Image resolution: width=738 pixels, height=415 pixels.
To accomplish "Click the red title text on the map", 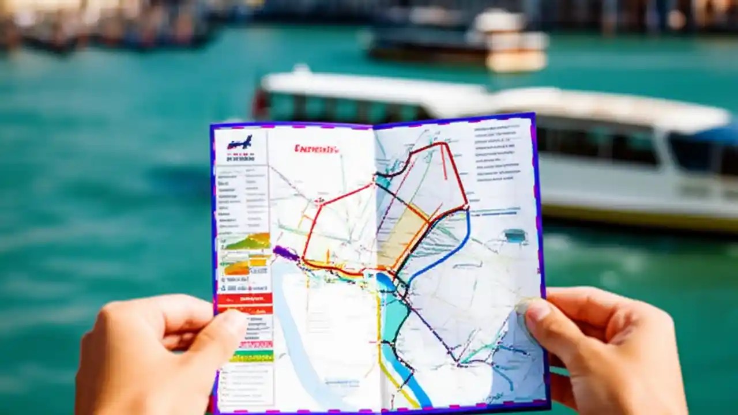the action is pos(317,149).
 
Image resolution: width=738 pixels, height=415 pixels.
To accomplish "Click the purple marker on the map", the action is pos(285,252).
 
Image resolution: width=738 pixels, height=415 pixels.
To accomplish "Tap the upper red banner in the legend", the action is pos(244,299).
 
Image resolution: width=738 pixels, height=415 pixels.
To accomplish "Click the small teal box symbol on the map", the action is pos(514,235).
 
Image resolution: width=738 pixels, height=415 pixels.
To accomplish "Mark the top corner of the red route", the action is pos(443,144).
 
